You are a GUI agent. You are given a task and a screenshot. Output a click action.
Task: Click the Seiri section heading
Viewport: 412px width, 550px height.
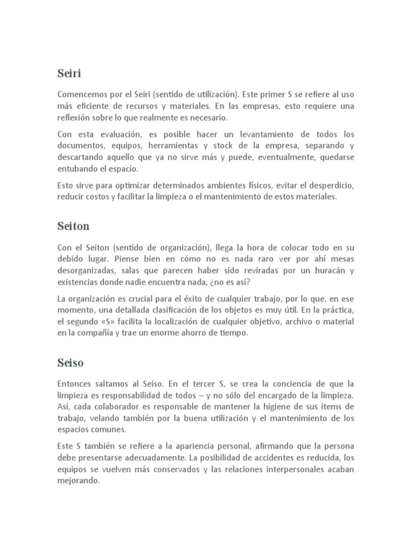coord(69,73)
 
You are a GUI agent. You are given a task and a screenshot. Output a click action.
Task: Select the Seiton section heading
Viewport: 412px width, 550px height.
coord(73,226)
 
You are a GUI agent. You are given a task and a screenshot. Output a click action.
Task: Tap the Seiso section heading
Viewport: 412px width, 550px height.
coord(70,363)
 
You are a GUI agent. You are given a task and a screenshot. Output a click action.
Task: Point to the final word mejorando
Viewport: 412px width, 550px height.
coord(78,481)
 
